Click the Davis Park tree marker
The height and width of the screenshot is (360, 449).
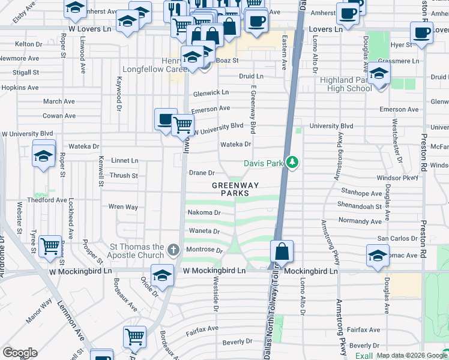pyautogui.click(x=292, y=163)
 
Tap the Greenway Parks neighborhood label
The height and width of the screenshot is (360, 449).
pyautogui.click(x=235, y=190)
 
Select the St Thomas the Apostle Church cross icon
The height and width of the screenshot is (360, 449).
pyautogui.click(x=174, y=249)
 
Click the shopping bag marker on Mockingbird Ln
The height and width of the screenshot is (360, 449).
pyautogui.click(x=282, y=251)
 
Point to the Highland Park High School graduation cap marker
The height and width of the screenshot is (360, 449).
pyautogui.click(x=379, y=75)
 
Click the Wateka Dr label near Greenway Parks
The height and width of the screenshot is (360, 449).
pyautogui.click(x=235, y=145)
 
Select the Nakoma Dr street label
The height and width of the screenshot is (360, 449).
pyautogui.click(x=205, y=212)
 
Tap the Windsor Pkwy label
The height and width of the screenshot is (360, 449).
pyautogui.click(x=396, y=178)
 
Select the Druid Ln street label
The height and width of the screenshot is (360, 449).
pyautogui.click(x=251, y=77)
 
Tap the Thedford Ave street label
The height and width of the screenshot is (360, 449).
pyautogui.click(x=50, y=200)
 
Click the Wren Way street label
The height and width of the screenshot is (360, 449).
pyautogui.click(x=123, y=207)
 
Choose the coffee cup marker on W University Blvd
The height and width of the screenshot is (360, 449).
pyautogui.click(x=166, y=119)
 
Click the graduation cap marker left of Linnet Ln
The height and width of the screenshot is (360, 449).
pyautogui.click(x=44, y=154)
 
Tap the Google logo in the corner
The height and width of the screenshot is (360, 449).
pyautogui.click(x=20, y=353)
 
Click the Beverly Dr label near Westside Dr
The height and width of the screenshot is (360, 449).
pyautogui.click(x=237, y=341)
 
